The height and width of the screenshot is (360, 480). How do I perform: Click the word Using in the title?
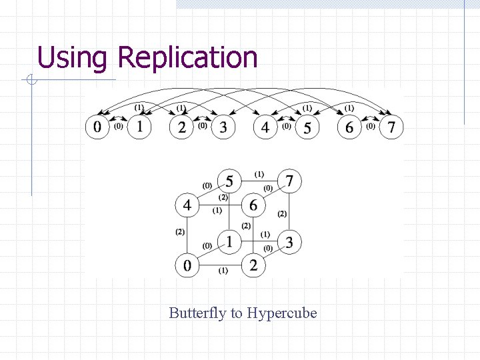[71, 58]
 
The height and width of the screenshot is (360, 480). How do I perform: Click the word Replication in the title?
[187, 58]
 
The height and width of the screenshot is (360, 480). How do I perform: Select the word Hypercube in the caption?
[282, 313]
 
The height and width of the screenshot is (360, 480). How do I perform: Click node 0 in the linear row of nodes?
[97, 127]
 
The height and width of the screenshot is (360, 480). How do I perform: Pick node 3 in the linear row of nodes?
[223, 127]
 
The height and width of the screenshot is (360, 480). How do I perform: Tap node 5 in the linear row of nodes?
[307, 127]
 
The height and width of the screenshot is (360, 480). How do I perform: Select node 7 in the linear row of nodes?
[391, 127]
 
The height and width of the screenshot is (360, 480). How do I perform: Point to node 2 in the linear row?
[181, 127]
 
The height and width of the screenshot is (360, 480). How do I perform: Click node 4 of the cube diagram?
[187, 205]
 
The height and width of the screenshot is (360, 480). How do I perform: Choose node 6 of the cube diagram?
[253, 205]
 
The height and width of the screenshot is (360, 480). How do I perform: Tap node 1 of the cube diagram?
[229, 241]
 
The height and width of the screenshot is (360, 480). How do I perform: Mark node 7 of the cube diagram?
[289, 181]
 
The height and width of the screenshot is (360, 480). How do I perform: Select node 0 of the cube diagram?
[187, 265]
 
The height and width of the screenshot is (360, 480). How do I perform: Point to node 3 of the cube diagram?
[289, 241]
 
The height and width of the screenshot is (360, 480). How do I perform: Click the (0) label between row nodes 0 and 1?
[118, 125]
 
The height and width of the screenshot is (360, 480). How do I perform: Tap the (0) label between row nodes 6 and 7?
[370, 125]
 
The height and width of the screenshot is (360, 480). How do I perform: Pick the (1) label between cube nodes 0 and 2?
[222, 271]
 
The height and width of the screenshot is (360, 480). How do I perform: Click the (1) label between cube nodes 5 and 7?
[259, 175]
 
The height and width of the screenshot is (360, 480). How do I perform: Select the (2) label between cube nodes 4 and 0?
[179, 232]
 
